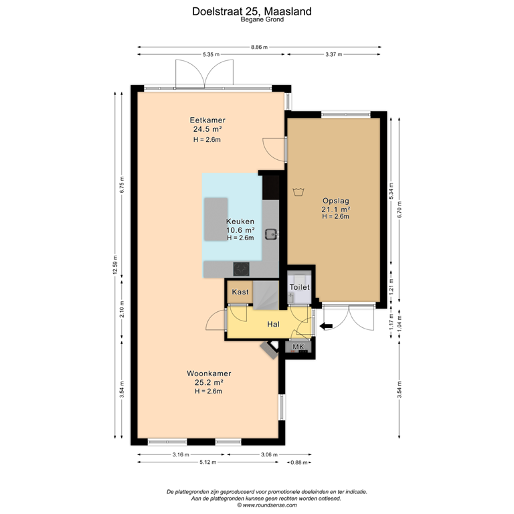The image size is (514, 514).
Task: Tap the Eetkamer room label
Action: pyautogui.click(x=207, y=120)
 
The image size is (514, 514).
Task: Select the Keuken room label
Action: pyautogui.click(x=240, y=222)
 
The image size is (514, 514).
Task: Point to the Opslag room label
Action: pyautogui.click(x=335, y=200)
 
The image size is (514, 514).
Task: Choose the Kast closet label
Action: pyautogui.click(x=240, y=292)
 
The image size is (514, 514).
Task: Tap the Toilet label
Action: pyautogui.click(x=299, y=287)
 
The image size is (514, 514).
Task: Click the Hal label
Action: pyautogui.click(x=273, y=324)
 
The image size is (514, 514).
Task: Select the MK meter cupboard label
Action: pyautogui.click(x=298, y=347)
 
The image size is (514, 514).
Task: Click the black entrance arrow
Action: pyautogui.click(x=326, y=326)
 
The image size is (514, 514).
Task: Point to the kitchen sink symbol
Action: pyautogui.click(x=272, y=234)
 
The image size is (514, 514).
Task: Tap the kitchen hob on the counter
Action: pyautogui.click(x=240, y=268)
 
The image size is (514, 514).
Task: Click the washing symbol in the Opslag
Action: pyautogui.click(x=299, y=193)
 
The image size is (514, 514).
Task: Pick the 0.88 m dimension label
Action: pyautogui.click(x=298, y=462)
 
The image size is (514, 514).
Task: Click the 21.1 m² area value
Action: pyautogui.click(x=335, y=209)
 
